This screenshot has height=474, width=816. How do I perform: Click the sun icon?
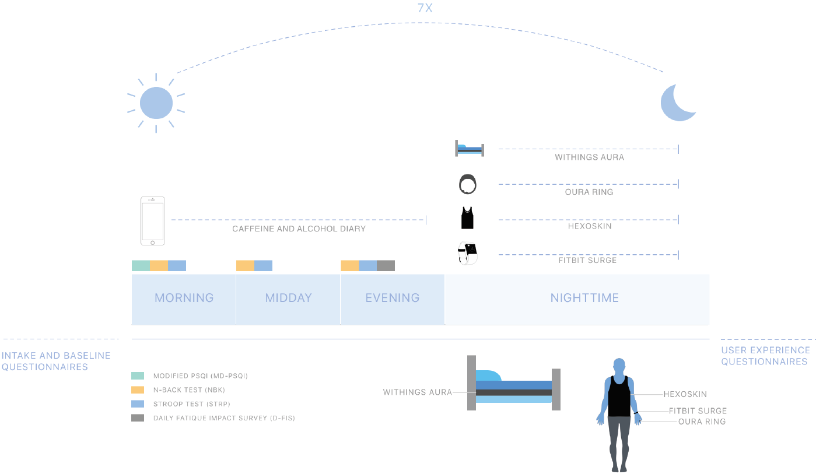pos(156,103)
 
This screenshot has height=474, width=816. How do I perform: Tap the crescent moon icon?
pos(677,103)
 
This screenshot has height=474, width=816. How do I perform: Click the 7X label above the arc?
pos(425,9)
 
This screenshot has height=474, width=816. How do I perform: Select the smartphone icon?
pos(152,221)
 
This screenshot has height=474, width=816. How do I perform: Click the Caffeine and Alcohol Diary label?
pos(299,229)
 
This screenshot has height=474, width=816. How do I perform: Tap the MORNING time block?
pos(184,298)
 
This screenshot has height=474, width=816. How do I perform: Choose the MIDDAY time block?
pos(288,298)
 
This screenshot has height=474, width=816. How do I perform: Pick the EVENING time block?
pos(393,298)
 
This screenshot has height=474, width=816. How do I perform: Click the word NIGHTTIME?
pos(584,298)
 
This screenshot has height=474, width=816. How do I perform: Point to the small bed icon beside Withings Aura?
pos(470,149)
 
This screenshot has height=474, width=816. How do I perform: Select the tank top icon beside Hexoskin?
pos(467,218)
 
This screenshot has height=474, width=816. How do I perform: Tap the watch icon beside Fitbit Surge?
pos(468,252)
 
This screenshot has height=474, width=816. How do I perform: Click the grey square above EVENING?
pos(386,266)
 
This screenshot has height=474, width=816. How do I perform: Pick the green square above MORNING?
pos(141,266)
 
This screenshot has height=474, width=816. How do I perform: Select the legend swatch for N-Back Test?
pos(138,390)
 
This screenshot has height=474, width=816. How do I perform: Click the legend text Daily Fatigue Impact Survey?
pos(224,418)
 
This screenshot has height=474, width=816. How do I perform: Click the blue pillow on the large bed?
pos(488,375)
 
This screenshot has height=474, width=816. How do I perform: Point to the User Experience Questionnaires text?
pos(765,356)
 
